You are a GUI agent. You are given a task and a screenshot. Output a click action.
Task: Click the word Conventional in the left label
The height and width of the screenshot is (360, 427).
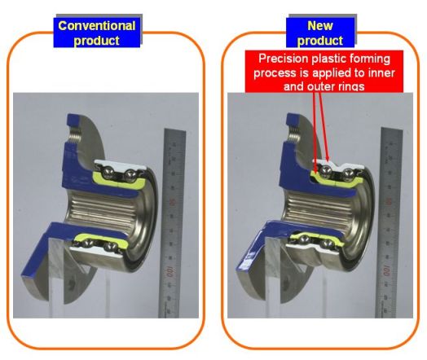point(97,26)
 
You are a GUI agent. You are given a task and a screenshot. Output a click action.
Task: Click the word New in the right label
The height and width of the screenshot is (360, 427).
point(320,26)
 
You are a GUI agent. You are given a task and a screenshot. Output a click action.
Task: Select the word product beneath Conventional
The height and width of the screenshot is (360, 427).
point(97,41)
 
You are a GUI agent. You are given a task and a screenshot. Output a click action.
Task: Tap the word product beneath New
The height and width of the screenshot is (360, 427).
point(320,41)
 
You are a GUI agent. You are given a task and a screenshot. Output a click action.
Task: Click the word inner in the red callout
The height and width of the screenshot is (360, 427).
point(381,73)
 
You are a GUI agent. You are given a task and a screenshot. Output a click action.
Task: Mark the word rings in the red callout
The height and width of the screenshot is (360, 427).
point(350,87)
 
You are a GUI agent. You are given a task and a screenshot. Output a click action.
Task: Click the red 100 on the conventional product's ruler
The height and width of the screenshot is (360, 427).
point(170,271)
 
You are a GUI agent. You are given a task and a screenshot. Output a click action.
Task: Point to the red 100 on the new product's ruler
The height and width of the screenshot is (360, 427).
point(387,270)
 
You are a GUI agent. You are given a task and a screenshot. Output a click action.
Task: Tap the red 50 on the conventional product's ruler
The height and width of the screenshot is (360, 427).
point(172,202)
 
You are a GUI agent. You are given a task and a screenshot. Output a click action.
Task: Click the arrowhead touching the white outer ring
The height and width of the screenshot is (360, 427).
point(328,159)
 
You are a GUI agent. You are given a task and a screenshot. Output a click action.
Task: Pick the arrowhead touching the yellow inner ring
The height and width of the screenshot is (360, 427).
point(315,171)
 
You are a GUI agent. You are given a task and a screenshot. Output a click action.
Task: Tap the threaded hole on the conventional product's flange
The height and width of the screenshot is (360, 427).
point(75,134)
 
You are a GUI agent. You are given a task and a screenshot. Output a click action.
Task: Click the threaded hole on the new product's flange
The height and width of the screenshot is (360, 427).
point(293,134)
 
